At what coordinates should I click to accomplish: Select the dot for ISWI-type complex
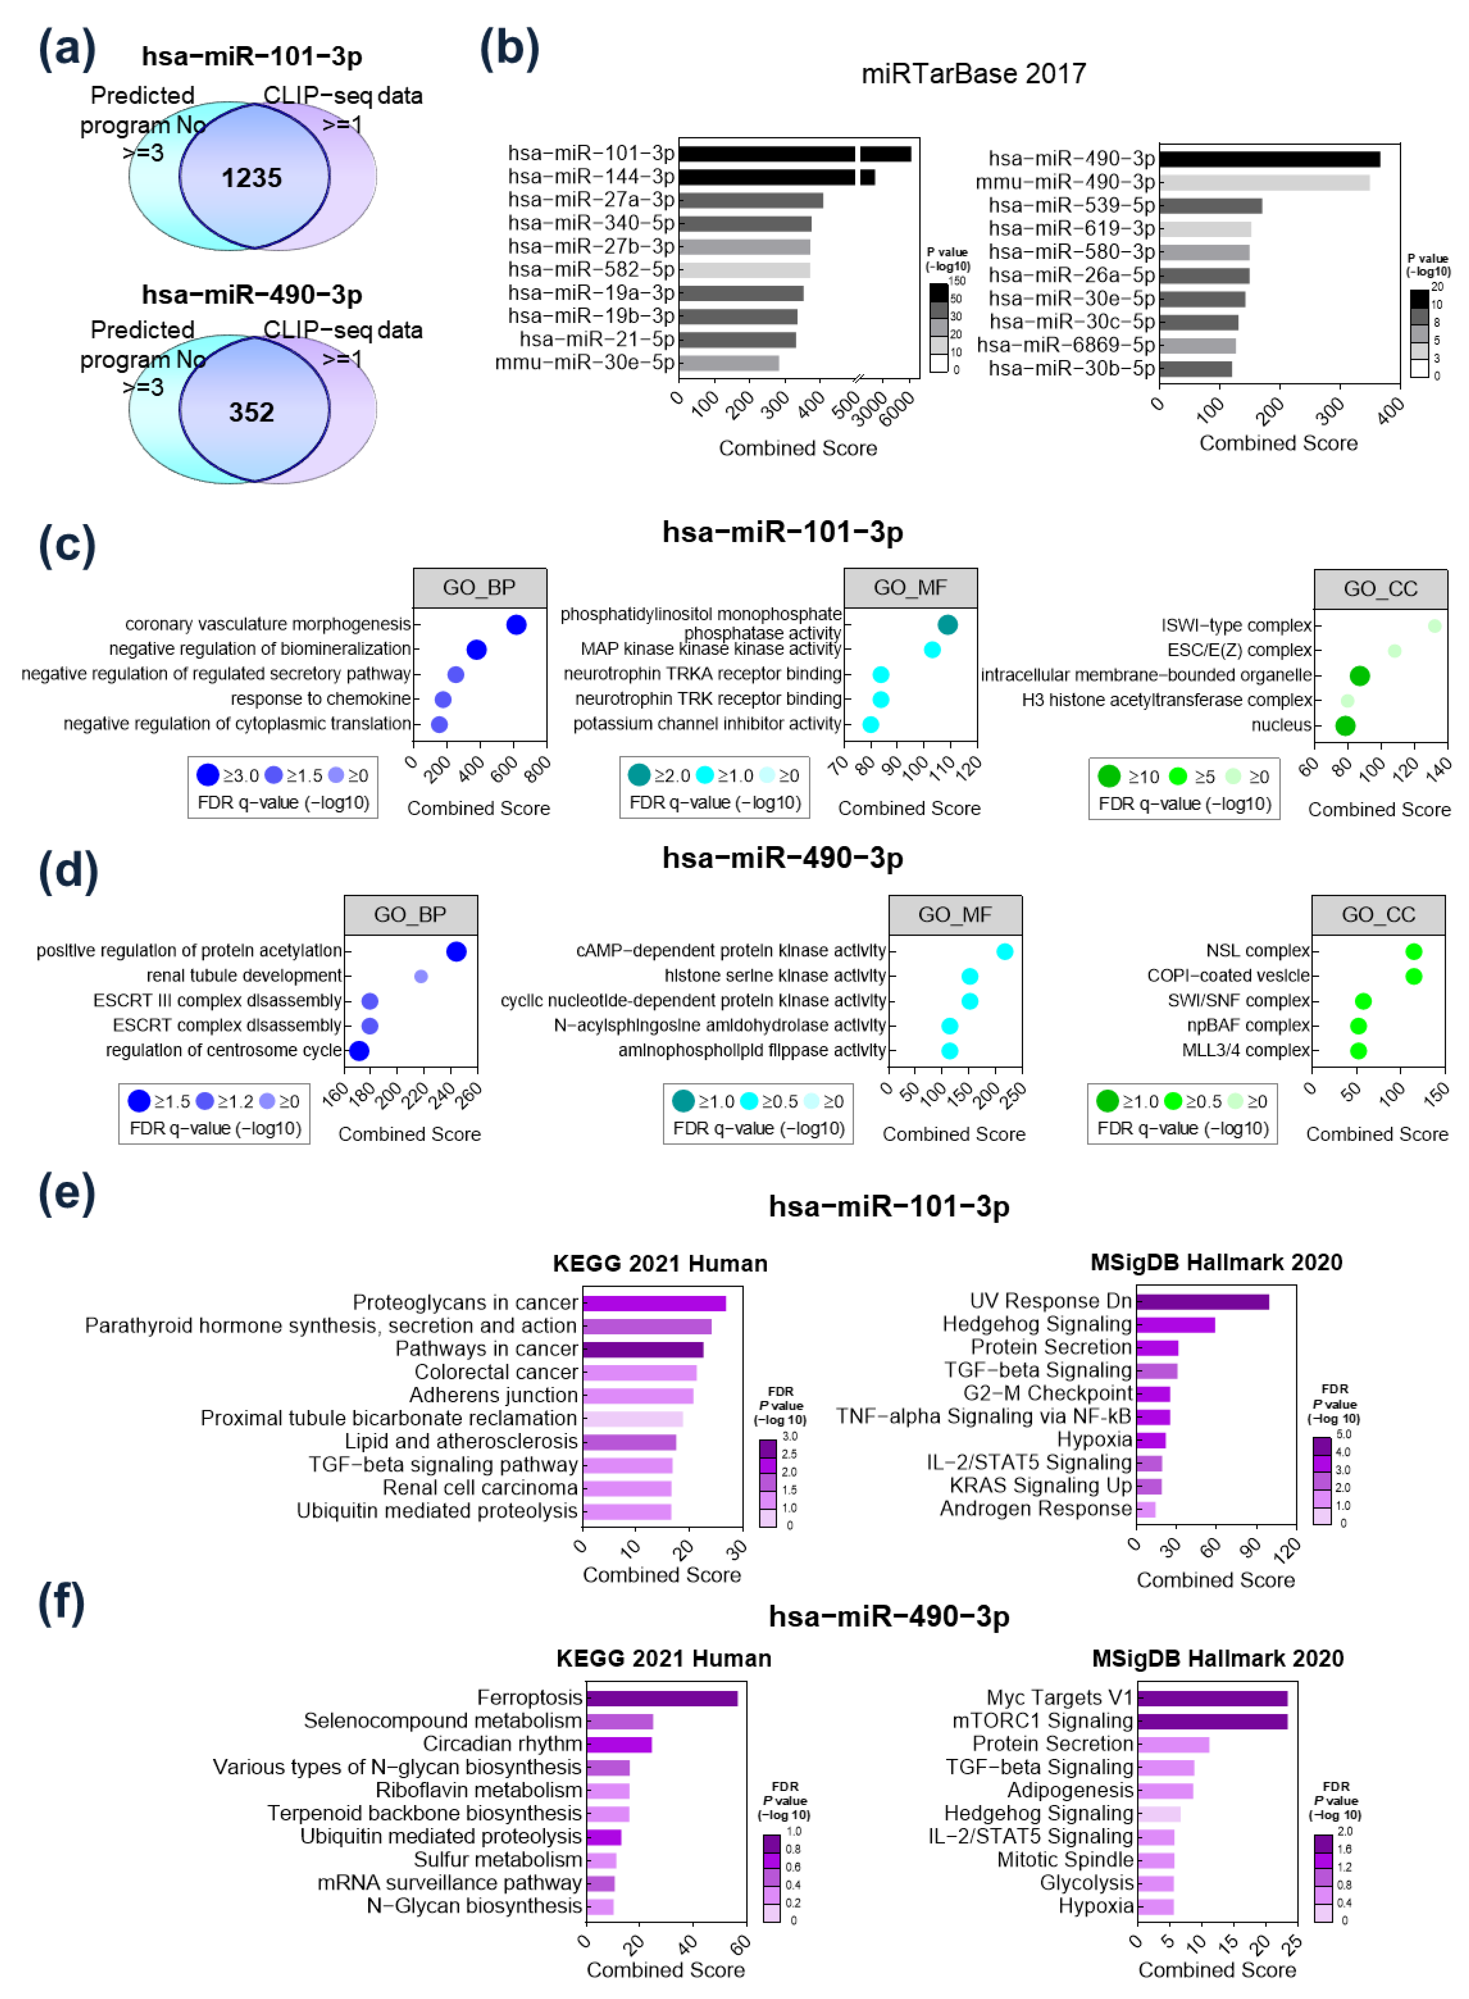click(1434, 626)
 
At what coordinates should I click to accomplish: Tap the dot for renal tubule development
click(422, 976)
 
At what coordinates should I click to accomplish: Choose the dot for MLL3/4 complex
click(1358, 1051)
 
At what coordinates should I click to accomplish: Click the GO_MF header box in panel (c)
click(910, 588)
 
